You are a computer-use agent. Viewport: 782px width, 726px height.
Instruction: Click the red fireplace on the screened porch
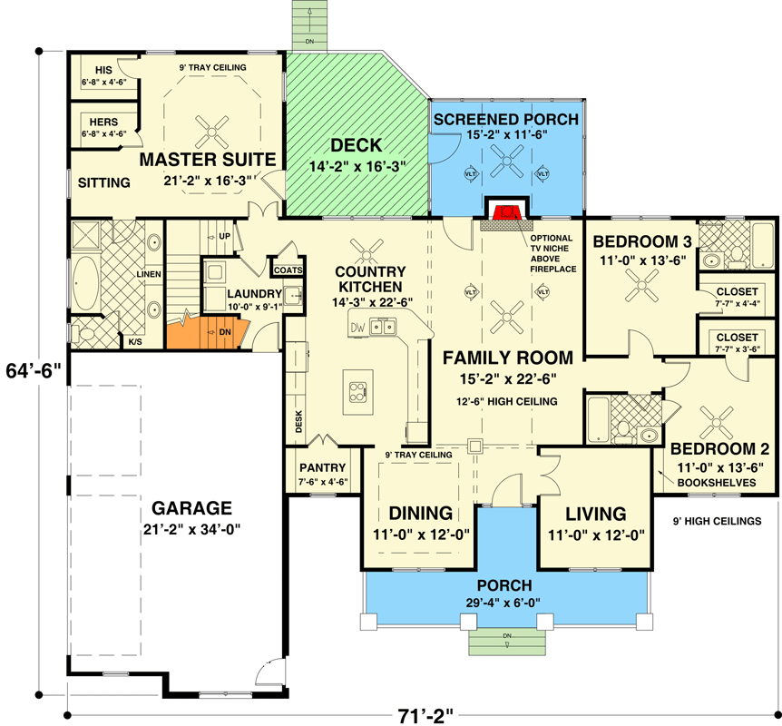506,212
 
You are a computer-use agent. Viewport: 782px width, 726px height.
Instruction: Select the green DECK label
356,145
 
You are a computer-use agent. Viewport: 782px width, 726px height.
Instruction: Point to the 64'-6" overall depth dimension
32,371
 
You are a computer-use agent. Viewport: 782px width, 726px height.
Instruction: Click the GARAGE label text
191,507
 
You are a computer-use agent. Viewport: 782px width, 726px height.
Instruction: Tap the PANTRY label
323,467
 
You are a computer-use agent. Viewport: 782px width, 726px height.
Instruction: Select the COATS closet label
288,270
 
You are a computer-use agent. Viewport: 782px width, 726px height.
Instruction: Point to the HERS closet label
103,122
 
